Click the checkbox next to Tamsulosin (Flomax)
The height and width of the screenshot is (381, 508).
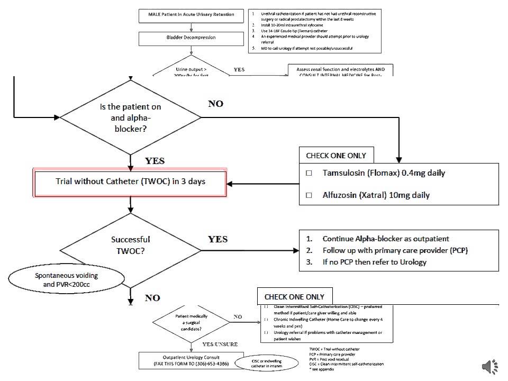(310, 173)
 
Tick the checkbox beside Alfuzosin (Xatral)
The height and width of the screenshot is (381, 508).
(310, 195)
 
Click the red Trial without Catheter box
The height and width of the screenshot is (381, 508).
(130, 182)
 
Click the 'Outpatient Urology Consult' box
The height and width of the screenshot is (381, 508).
(188, 361)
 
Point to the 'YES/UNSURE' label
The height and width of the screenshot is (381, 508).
(220, 344)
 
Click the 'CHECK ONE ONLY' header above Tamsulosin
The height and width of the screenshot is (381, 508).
(336, 156)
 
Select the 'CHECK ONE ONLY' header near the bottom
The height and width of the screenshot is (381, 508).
(294, 296)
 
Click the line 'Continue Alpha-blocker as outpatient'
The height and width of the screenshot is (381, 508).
(386, 239)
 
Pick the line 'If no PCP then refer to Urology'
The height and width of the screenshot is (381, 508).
(374, 262)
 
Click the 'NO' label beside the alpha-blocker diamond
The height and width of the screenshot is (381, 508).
(215, 104)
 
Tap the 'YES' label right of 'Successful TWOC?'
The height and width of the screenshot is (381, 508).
(217, 239)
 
